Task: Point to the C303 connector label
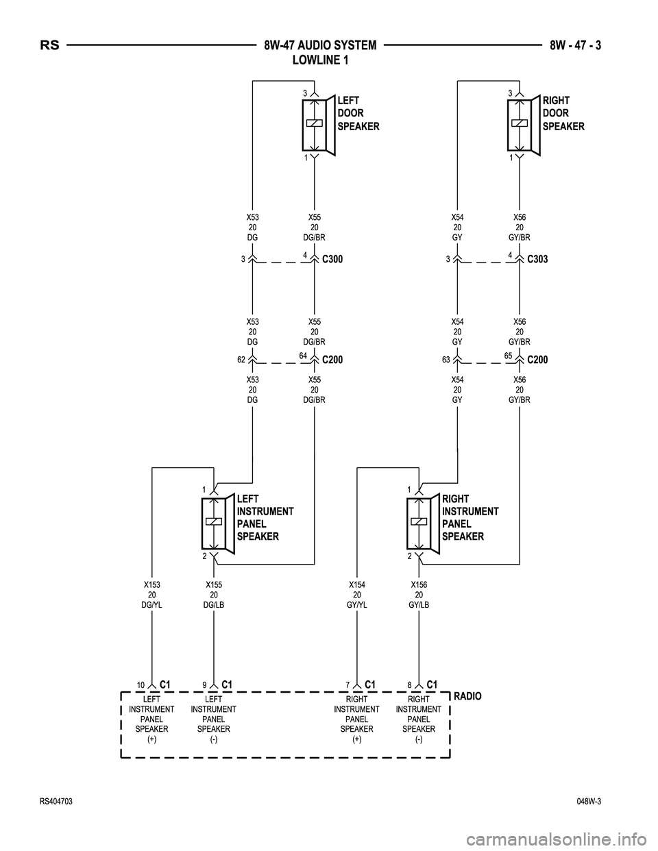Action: point(537,260)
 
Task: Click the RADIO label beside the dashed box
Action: point(467,696)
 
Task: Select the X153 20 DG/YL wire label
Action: point(151,595)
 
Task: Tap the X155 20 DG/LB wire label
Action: point(214,595)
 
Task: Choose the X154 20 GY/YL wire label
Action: point(356,595)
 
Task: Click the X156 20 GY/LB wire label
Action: point(419,595)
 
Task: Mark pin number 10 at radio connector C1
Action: point(140,685)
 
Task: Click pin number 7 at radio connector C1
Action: point(348,685)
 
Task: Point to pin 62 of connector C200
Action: point(241,358)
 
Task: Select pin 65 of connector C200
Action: point(508,354)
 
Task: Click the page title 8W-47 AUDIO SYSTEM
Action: point(320,46)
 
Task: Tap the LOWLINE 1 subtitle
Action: point(320,60)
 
